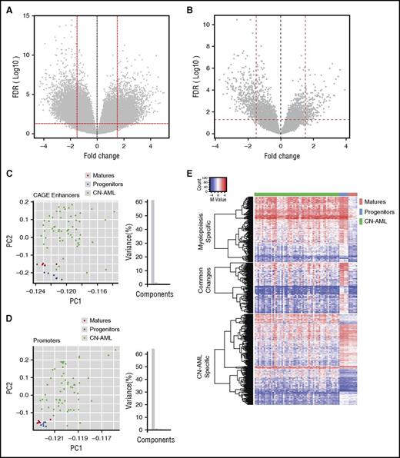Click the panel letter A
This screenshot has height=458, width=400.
click(x=7, y=7)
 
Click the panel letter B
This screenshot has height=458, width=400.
click(x=209, y=7)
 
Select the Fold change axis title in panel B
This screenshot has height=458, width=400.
click(x=282, y=159)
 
